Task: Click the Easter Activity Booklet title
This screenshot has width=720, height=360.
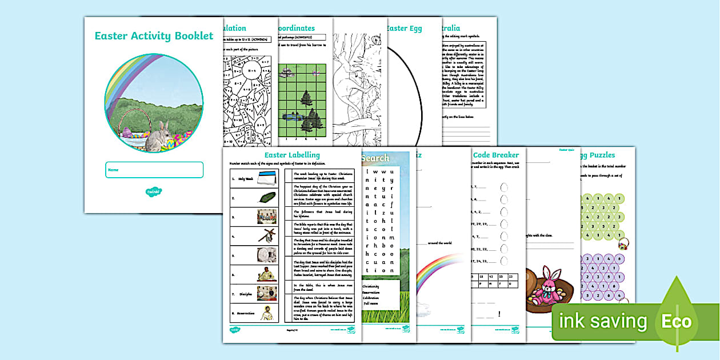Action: [x=154, y=36]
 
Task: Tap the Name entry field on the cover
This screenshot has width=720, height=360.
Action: [x=154, y=170]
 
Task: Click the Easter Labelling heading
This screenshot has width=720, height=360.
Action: [x=292, y=155]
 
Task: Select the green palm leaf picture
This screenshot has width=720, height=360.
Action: [x=266, y=198]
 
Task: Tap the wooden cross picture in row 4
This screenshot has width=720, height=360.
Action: [x=266, y=235]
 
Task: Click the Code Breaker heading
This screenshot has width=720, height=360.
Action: [x=496, y=155]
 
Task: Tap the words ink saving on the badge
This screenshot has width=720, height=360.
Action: [x=602, y=321]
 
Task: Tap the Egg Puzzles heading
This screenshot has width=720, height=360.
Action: [x=598, y=155]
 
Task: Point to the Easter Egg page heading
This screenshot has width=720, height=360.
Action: [x=405, y=28]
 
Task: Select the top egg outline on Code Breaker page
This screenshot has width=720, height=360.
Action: [x=504, y=187]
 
